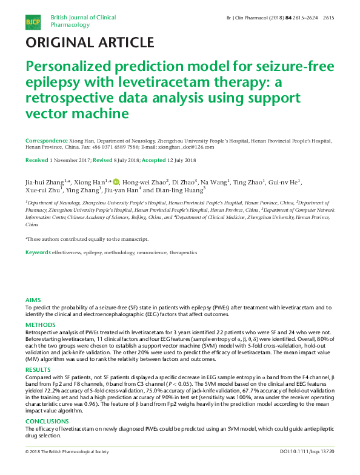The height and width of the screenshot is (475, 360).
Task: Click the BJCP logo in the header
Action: pyautogui.click(x=33, y=22)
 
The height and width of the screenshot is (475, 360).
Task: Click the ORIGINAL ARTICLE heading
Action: pyautogui.click(x=89, y=42)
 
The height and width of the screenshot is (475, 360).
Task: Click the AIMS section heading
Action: pyautogui.click(x=33, y=300)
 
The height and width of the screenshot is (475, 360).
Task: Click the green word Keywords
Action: pyautogui.click(x=38, y=252)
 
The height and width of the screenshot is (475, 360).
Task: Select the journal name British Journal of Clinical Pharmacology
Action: pyautogui.click(x=83, y=21)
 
